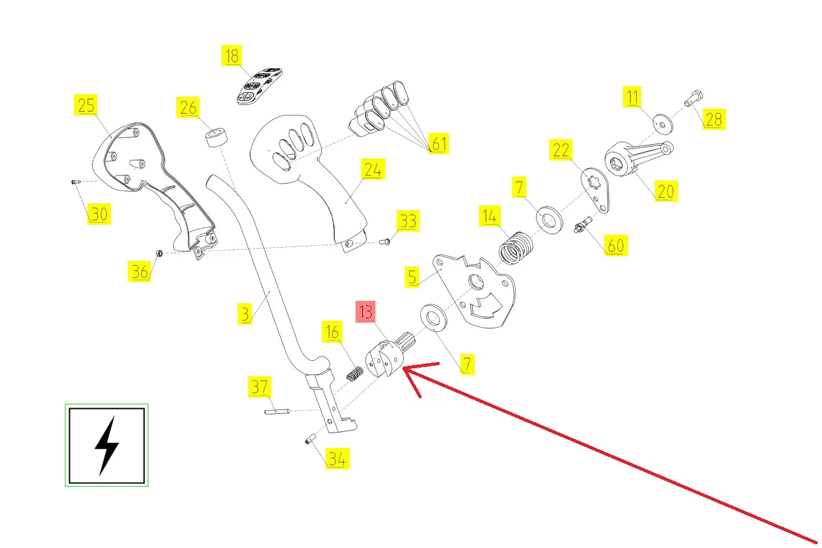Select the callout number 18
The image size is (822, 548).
(x=231, y=56)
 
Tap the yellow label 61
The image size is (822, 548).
(x=439, y=144)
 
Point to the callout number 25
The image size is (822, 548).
(x=86, y=105)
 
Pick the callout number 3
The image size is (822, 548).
(x=246, y=313)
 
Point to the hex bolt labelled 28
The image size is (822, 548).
(x=694, y=98)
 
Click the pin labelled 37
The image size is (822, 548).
(x=278, y=411)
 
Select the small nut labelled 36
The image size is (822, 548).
(x=159, y=253)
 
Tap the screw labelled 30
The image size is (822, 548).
(x=74, y=182)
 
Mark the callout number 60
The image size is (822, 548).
(x=615, y=245)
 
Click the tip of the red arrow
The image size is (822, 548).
(x=405, y=369)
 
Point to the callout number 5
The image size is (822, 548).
(x=412, y=277)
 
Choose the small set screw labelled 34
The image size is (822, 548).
(x=308, y=441)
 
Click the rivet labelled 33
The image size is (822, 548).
(x=385, y=241)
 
